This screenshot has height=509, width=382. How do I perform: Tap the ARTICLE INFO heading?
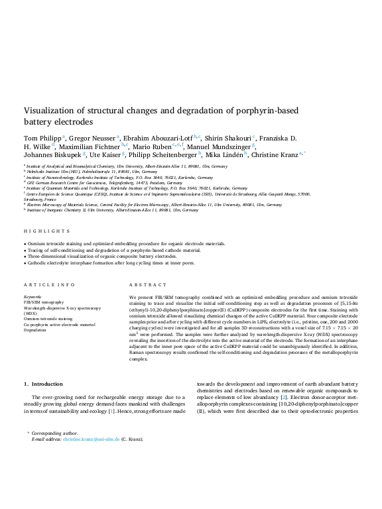(50, 284)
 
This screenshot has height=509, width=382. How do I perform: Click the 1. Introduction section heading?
(43, 384)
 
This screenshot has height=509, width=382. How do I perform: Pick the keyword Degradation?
(34, 329)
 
